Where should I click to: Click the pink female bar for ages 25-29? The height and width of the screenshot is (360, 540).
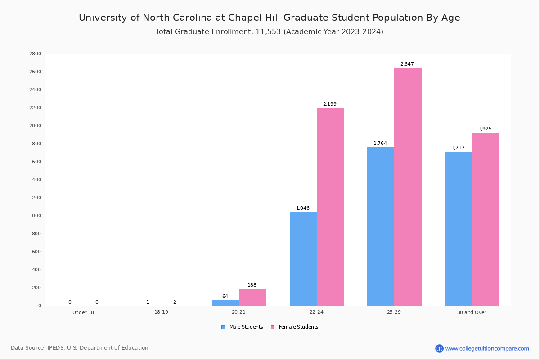coord(408,187)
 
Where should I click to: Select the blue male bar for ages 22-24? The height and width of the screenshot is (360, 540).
coord(303,259)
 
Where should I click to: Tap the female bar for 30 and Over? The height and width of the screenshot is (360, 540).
coord(486,219)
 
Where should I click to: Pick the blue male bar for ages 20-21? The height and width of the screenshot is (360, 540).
coord(225,303)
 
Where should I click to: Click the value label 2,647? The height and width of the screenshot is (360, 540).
coord(407,64)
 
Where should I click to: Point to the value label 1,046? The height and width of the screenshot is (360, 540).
coord(303,208)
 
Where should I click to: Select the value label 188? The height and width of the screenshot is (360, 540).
coord(252,285)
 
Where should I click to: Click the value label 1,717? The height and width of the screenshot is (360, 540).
coord(458,148)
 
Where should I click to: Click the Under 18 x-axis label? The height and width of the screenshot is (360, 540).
coord(83,312)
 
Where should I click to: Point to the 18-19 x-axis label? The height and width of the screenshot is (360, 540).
coord(161,312)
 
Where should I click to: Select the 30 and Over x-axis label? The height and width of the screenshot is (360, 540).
coord(472,312)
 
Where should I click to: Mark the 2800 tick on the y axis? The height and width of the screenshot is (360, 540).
coord(35,54)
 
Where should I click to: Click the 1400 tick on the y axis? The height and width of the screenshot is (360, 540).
coord(35,180)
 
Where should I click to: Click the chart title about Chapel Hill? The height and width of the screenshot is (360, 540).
coord(270,18)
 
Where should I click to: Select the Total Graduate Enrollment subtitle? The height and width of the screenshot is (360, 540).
coord(270,32)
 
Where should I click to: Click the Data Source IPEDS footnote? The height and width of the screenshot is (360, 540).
coord(80,348)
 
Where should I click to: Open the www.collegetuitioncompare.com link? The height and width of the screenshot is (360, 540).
coord(487,348)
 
